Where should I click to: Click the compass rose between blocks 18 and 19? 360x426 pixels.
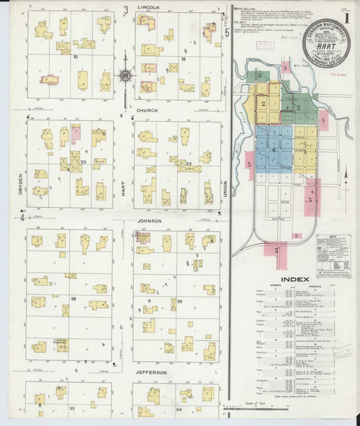(125, 75)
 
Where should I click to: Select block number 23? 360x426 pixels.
(84, 163)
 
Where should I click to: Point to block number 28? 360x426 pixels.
(73, 298)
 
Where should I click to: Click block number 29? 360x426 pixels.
(180, 301)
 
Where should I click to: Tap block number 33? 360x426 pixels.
(72, 408)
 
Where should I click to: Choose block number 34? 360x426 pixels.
(180, 409)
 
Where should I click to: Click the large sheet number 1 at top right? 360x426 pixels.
(346, 15)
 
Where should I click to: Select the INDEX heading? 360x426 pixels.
(294, 278)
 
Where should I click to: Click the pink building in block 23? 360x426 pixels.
(75, 133)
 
